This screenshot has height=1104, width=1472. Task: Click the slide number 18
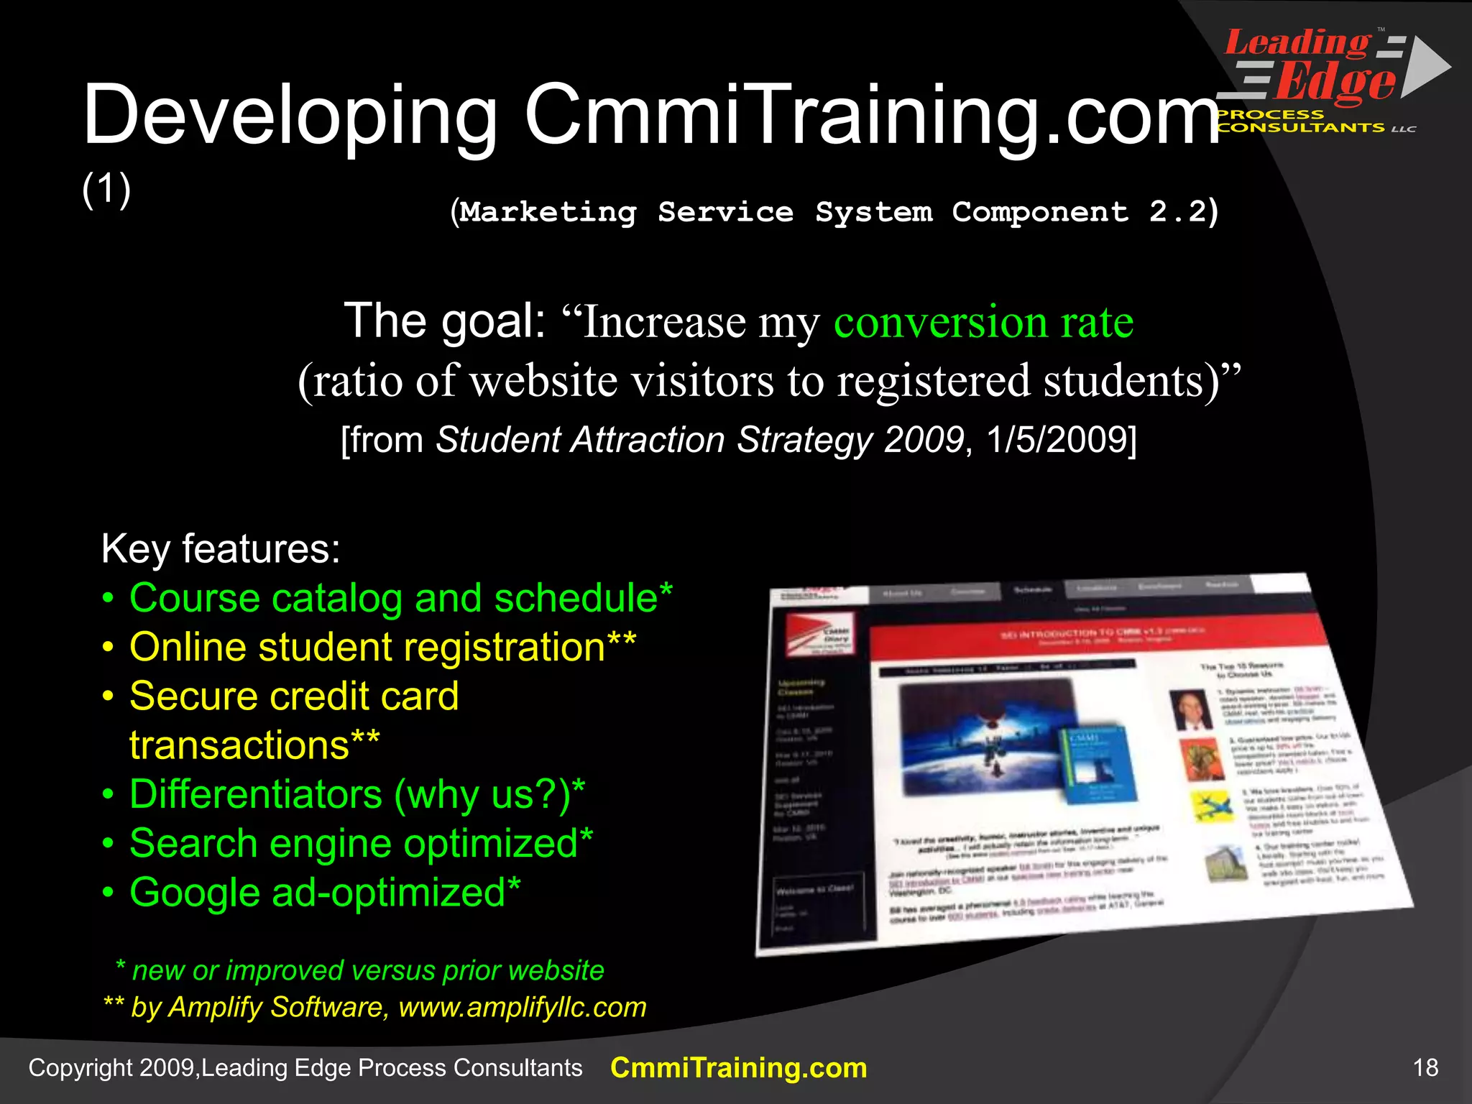pyautogui.click(x=1425, y=1067)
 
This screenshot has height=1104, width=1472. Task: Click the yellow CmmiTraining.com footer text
pyautogui.click(x=738, y=1067)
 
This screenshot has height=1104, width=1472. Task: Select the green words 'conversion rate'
pyautogui.click(x=983, y=321)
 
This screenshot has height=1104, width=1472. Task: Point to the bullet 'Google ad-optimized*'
pyautogui.click(x=325, y=892)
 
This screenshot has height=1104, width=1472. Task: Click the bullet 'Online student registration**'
pyautogui.click(x=382, y=647)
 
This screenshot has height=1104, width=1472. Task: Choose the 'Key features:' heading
pyautogui.click(x=221, y=549)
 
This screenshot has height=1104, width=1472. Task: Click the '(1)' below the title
pyautogui.click(x=106, y=189)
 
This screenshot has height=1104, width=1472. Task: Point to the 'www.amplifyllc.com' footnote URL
pyautogui.click(x=523, y=1007)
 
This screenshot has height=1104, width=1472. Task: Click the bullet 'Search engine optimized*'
pyautogui.click(x=361, y=843)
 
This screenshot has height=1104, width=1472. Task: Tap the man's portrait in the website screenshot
pyautogui.click(x=1191, y=709)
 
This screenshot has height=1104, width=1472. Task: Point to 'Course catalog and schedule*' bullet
pyautogui.click(x=400, y=598)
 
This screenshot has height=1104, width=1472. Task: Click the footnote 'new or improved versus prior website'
pyautogui.click(x=367, y=970)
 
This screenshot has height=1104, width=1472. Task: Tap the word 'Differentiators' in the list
pyautogui.click(x=256, y=794)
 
